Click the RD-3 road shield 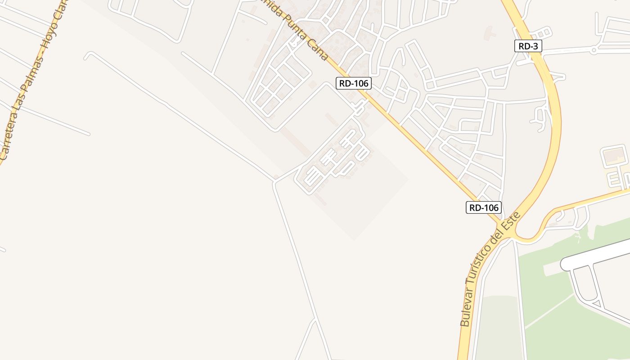(528, 45)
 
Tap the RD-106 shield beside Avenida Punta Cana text (353, 83)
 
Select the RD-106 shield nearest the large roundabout (483, 207)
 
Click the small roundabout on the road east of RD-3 (594, 50)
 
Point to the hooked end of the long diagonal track (86, 55)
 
